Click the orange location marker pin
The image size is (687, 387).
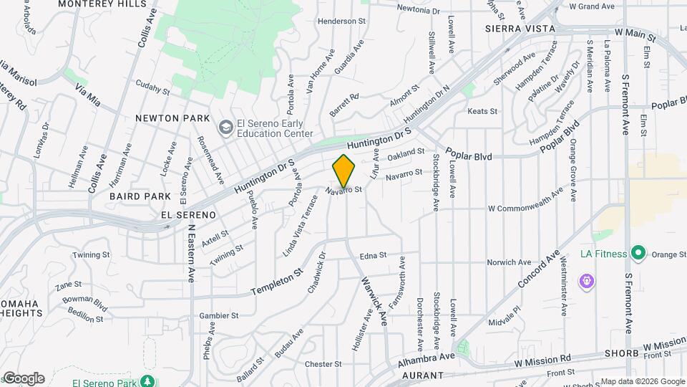(x=344, y=171)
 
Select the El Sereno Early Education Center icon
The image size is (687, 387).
(x=226, y=128)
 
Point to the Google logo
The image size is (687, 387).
(x=24, y=378)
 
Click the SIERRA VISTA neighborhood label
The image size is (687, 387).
(x=520, y=29)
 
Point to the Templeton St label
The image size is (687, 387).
(x=277, y=282)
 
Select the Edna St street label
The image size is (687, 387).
(x=373, y=255)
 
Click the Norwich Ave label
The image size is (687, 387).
(x=509, y=262)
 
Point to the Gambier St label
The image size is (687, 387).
(x=218, y=315)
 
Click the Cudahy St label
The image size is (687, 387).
(x=152, y=92)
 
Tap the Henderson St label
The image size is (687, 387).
(x=341, y=21)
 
